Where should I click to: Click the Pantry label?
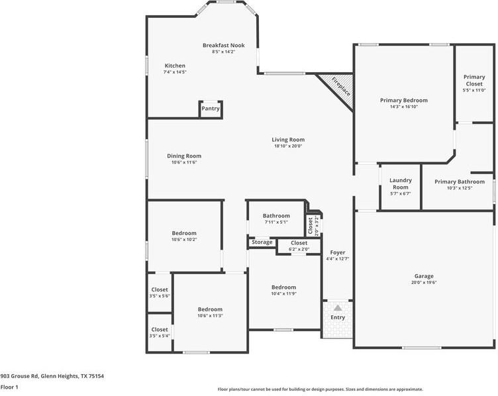coord(211,109)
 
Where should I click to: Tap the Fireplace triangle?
coord(338,88)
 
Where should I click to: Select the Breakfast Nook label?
coord(223,45)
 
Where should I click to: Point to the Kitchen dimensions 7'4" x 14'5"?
coord(175,72)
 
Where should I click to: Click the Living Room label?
coord(288,140)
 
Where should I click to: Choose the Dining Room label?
coord(184,156)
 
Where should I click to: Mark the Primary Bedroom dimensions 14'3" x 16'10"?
coord(404,107)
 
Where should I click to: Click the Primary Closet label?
coord(474,81)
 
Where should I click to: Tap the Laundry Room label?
coord(401,183)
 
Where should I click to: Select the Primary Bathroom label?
coord(460,181)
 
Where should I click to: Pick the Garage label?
coord(424,276)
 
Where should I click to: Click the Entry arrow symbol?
coord(338,308)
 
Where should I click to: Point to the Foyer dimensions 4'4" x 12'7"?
coord(338,259)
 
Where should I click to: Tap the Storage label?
coord(262,242)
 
